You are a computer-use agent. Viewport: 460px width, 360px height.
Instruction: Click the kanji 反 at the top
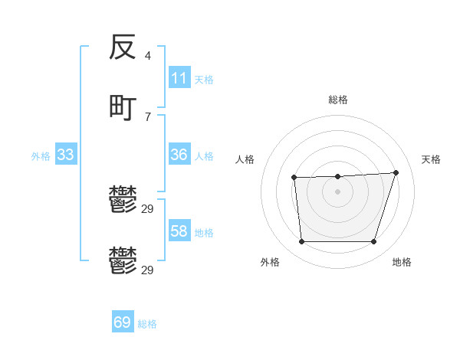click(x=123, y=47)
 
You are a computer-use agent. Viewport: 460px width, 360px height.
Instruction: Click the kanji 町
click(x=123, y=106)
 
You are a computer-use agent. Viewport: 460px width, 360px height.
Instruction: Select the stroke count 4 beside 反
click(x=147, y=55)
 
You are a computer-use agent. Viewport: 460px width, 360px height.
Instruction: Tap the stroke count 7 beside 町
click(x=147, y=116)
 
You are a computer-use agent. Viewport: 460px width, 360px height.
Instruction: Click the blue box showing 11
click(x=179, y=78)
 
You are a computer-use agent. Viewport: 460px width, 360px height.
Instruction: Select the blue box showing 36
click(x=179, y=155)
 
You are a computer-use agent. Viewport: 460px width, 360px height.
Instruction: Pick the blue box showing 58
click(x=179, y=231)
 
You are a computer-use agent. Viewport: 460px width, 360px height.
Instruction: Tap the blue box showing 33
click(x=66, y=155)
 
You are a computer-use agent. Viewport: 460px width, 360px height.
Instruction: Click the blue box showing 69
click(x=123, y=322)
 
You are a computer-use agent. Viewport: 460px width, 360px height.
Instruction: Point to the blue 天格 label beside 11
click(x=204, y=79)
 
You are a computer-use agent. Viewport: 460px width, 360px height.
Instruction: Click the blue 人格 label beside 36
click(x=204, y=155)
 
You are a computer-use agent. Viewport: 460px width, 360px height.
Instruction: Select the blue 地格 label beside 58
click(x=204, y=232)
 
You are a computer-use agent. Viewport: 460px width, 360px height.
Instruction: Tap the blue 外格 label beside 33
click(x=41, y=155)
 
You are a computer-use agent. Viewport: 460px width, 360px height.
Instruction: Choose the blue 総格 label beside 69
click(x=147, y=323)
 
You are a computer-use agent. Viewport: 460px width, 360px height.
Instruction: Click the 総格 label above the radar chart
click(x=337, y=100)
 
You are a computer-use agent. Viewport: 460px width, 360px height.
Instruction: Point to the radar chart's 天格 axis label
click(x=431, y=159)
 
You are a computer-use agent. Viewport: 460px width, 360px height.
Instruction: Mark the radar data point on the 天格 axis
click(x=396, y=172)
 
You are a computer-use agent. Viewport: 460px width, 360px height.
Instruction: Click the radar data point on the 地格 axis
click(x=373, y=242)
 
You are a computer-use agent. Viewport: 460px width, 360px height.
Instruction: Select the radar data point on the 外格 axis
click(x=301, y=242)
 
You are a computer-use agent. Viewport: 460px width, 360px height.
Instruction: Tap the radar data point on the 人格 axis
click(x=294, y=178)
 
